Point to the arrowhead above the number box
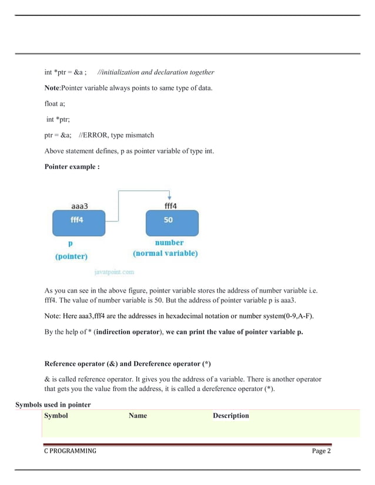pos(169,197)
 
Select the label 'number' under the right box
pos(169,242)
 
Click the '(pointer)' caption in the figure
pos(71,257)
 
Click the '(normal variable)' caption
pos(165,254)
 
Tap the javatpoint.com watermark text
pos(114,272)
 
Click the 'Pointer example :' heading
pos(72,167)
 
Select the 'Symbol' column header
pos(56,416)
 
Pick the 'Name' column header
pos(138,416)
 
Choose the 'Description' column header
pos(230,416)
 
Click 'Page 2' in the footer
pos(322,451)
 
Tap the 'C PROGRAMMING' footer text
pos(71,451)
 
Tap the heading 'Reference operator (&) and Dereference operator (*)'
pos(132,363)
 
